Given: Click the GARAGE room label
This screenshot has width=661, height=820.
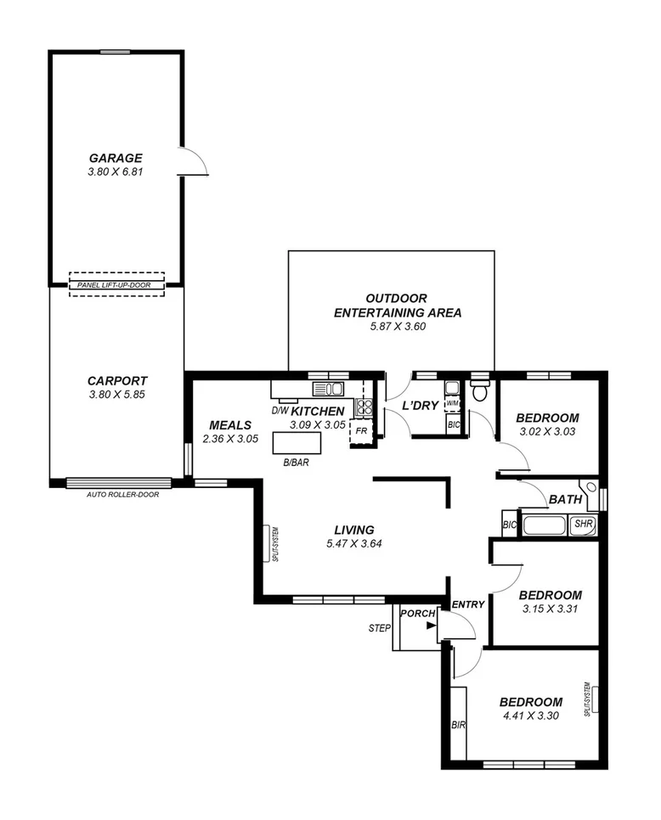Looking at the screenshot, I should [116, 158].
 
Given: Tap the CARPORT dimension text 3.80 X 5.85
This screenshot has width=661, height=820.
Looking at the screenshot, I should [116, 395].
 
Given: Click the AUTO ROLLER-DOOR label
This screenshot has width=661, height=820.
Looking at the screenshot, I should [122, 494].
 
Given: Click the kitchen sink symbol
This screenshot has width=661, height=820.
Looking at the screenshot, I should [327, 390].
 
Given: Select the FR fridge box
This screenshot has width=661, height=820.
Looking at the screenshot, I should [361, 430].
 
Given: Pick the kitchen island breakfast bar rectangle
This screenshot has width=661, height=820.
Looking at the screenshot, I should [297, 444].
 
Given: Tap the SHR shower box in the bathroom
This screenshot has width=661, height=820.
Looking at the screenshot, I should [583, 525].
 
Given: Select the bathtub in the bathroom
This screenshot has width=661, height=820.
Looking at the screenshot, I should [545, 525].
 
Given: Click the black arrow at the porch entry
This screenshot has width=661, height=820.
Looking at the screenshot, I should [432, 626].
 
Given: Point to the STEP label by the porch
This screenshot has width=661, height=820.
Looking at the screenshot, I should [379, 629].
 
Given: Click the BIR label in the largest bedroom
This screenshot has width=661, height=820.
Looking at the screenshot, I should [458, 725].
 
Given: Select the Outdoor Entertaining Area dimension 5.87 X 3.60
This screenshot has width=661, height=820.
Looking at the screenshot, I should [397, 327].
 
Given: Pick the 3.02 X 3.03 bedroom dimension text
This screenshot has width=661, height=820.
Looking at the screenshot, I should [547, 432].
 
